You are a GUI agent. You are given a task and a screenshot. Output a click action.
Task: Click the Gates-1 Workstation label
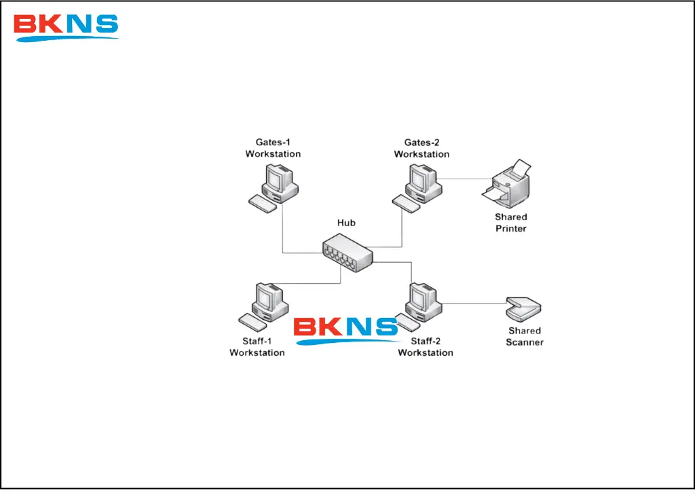(x=273, y=148)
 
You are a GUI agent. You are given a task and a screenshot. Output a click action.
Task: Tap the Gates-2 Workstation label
(x=421, y=148)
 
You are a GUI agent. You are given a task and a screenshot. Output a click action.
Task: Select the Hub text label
(x=346, y=223)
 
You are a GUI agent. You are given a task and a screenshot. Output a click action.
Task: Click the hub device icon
(x=347, y=253)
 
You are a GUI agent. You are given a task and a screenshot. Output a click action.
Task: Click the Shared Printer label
(x=511, y=223)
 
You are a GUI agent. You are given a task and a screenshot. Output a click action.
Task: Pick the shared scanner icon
(x=523, y=309)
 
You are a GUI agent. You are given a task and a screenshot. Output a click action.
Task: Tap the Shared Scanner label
(x=525, y=336)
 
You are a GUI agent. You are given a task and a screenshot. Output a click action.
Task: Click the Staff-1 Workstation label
(x=257, y=347)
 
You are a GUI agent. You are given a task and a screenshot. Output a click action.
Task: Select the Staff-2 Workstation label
(x=426, y=347)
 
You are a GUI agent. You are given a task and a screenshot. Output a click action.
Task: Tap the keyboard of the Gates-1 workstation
(x=263, y=202)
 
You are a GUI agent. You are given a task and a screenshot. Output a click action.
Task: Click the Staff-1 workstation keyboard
(x=252, y=320)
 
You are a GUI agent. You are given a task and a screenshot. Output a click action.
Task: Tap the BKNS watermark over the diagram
(x=345, y=329)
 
